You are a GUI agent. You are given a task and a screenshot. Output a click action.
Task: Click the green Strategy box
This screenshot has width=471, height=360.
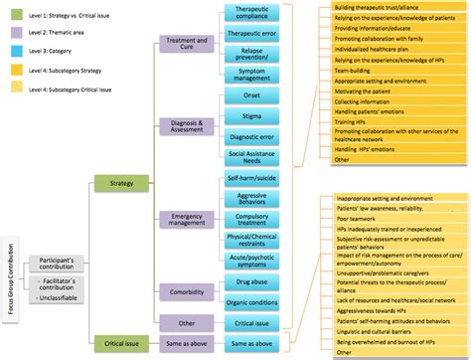[114, 182]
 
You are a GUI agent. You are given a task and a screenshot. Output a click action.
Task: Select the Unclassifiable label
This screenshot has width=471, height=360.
[59, 297]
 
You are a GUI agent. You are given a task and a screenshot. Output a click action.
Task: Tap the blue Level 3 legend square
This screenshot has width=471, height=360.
[10, 53]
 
